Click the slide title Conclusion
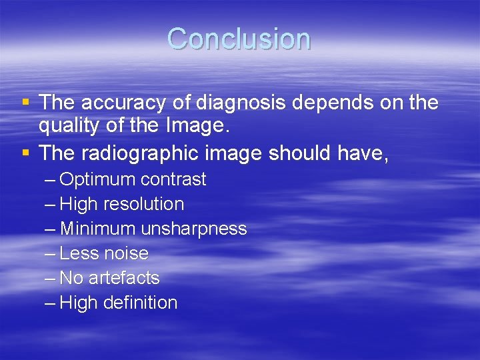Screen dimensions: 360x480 [239, 39]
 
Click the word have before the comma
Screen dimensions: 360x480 [364, 153]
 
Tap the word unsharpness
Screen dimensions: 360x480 [194, 229]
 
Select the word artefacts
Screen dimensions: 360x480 [124, 278]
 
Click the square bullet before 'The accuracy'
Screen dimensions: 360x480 [25, 103]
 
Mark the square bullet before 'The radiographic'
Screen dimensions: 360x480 [25, 153]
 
